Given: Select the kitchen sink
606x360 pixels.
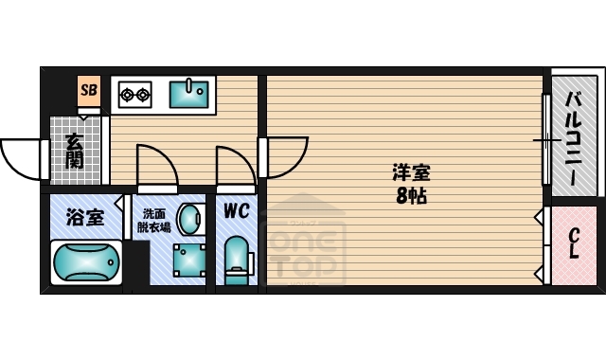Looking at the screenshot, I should point(189,93).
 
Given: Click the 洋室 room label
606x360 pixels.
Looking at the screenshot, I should point(413,174).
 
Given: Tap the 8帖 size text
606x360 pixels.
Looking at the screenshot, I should point(413,198).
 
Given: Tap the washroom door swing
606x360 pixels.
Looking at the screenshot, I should point(156,166).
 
